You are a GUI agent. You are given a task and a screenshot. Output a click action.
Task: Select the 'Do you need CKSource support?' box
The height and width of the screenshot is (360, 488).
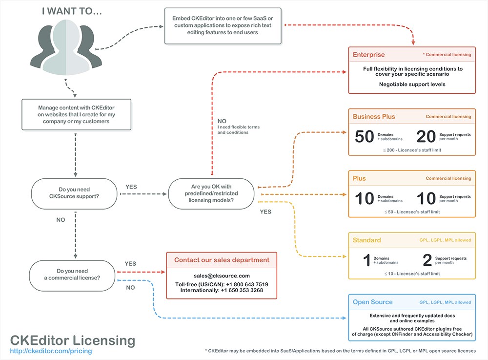(74, 193)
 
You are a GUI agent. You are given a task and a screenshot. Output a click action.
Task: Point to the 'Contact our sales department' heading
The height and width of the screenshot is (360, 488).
(222, 260)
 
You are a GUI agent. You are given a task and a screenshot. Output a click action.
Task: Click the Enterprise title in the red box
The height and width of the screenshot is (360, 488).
(369, 55)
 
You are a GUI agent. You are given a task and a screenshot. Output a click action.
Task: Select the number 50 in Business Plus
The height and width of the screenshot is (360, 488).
(364, 137)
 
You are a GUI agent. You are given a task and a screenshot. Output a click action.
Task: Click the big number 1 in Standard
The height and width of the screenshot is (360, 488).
(366, 260)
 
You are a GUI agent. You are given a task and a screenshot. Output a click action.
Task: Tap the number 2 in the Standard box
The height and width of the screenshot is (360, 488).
(427, 260)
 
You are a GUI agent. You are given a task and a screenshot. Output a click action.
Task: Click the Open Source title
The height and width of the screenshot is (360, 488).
(373, 302)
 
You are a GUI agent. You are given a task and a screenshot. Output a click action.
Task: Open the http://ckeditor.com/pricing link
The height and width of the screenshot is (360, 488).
(51, 351)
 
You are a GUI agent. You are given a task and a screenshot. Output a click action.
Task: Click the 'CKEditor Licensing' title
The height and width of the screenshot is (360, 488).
(73, 340)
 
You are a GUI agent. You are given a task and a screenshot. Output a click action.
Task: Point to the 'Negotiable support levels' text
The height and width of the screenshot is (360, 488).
(412, 84)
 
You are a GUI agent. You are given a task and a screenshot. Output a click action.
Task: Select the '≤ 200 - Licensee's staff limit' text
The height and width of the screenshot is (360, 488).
(412, 150)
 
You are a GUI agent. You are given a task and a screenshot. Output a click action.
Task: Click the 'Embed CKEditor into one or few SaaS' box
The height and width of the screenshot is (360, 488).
(223, 25)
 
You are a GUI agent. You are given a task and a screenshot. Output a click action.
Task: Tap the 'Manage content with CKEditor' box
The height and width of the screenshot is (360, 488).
(77, 114)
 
